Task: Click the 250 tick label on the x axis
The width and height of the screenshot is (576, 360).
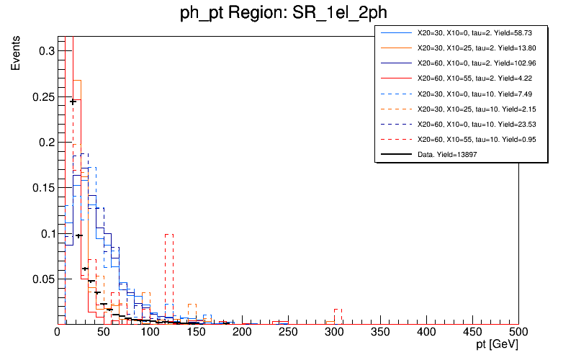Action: click(x=288, y=333)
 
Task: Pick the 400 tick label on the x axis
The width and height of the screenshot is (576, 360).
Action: click(x=426, y=333)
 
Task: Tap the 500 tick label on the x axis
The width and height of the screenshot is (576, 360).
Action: click(x=518, y=333)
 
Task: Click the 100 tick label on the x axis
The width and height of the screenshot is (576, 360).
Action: click(x=150, y=333)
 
